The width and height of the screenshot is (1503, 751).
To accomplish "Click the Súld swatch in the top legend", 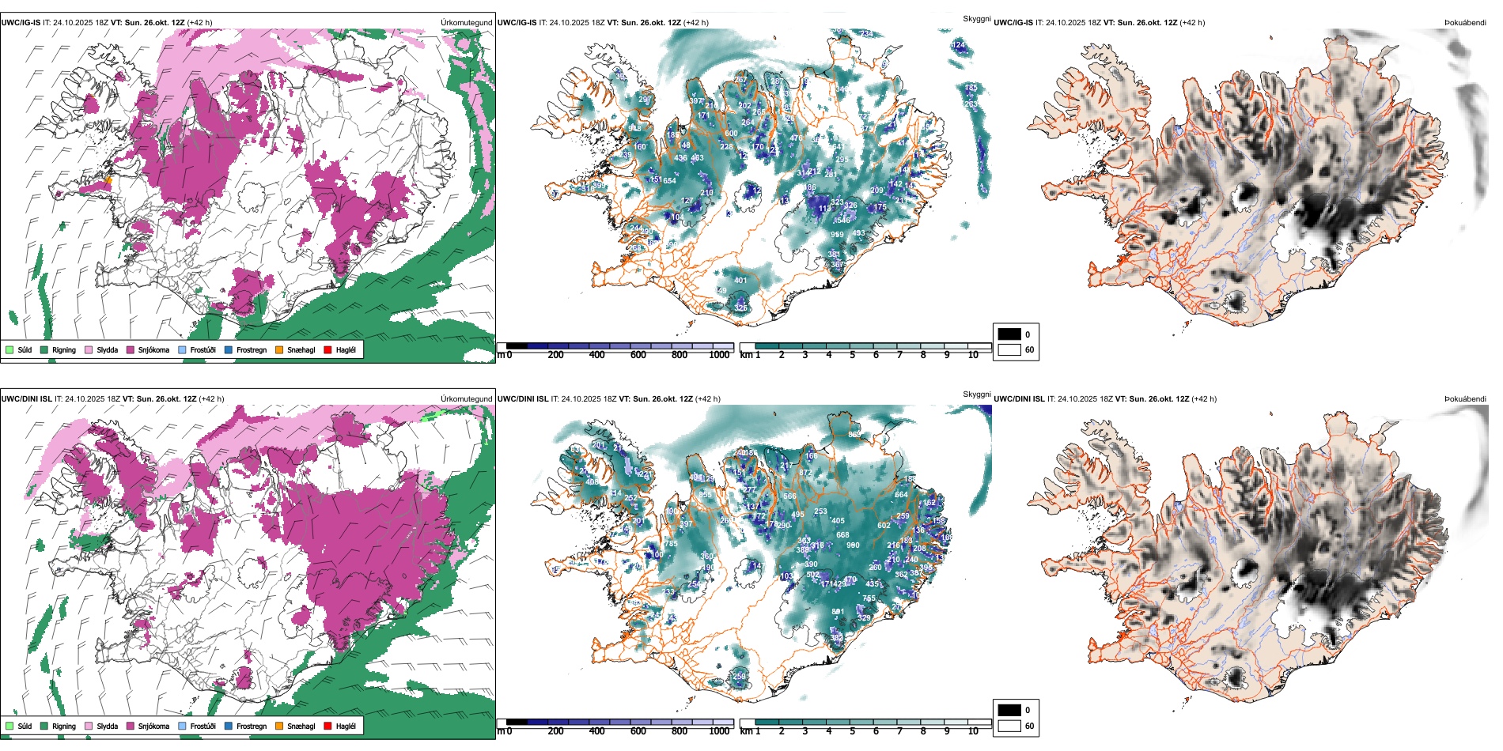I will click(9, 349).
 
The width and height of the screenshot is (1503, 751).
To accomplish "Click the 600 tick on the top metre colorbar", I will click(638, 355).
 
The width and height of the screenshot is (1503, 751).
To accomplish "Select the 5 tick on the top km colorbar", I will click(852, 355).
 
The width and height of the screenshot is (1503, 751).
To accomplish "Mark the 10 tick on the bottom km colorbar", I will click(973, 731).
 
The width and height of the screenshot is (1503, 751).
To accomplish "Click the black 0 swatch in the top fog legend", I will click(1009, 334).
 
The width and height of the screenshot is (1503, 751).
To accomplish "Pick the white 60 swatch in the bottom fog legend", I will click(1009, 726).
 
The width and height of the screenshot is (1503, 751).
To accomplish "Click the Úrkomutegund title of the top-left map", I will click(466, 23).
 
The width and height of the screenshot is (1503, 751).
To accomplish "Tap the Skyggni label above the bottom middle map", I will click(976, 394).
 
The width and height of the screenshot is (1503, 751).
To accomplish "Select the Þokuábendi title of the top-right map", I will click(1465, 23).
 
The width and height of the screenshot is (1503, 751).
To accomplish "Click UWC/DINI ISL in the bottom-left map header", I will click(26, 399).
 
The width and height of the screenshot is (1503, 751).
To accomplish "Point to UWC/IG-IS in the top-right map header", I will click(1013, 23).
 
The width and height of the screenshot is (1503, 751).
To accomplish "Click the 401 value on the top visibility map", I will click(740, 281).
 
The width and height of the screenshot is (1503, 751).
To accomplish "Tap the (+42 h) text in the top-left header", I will click(199, 23).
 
